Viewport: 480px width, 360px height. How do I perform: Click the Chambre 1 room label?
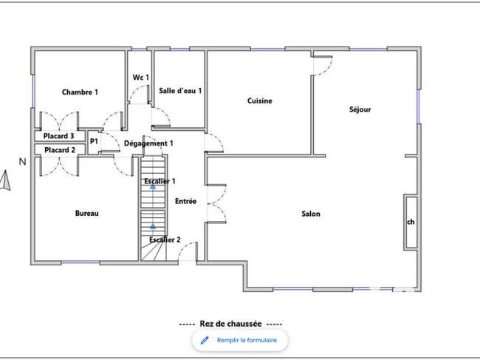tap(80, 92)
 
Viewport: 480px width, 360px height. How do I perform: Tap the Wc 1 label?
tap(141, 78)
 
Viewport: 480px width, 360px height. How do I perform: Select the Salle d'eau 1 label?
tap(180, 91)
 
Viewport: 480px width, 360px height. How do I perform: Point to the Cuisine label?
tap(260, 101)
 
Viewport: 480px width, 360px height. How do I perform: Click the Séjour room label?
tap(360, 109)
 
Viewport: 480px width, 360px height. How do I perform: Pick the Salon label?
tap(311, 214)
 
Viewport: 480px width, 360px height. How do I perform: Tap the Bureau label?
tap(87, 213)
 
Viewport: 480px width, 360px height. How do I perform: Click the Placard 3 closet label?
tap(59, 136)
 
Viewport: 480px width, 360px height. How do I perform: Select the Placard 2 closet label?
tap(60, 150)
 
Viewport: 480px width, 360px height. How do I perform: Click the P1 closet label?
tap(94, 141)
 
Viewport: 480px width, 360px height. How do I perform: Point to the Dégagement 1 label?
tap(148, 143)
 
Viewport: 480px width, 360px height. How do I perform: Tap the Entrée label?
tap(186, 201)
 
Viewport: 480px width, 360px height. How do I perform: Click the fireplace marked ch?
tap(411, 222)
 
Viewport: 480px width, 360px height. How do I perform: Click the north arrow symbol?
tap(5, 180)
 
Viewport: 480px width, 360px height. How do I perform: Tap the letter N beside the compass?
tap(22, 162)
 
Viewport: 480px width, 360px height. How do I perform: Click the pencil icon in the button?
tap(205, 340)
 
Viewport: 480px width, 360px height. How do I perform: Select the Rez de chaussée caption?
tap(231, 324)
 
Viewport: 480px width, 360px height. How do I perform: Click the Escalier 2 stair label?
tap(165, 240)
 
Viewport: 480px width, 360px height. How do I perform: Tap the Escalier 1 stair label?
tap(160, 181)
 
